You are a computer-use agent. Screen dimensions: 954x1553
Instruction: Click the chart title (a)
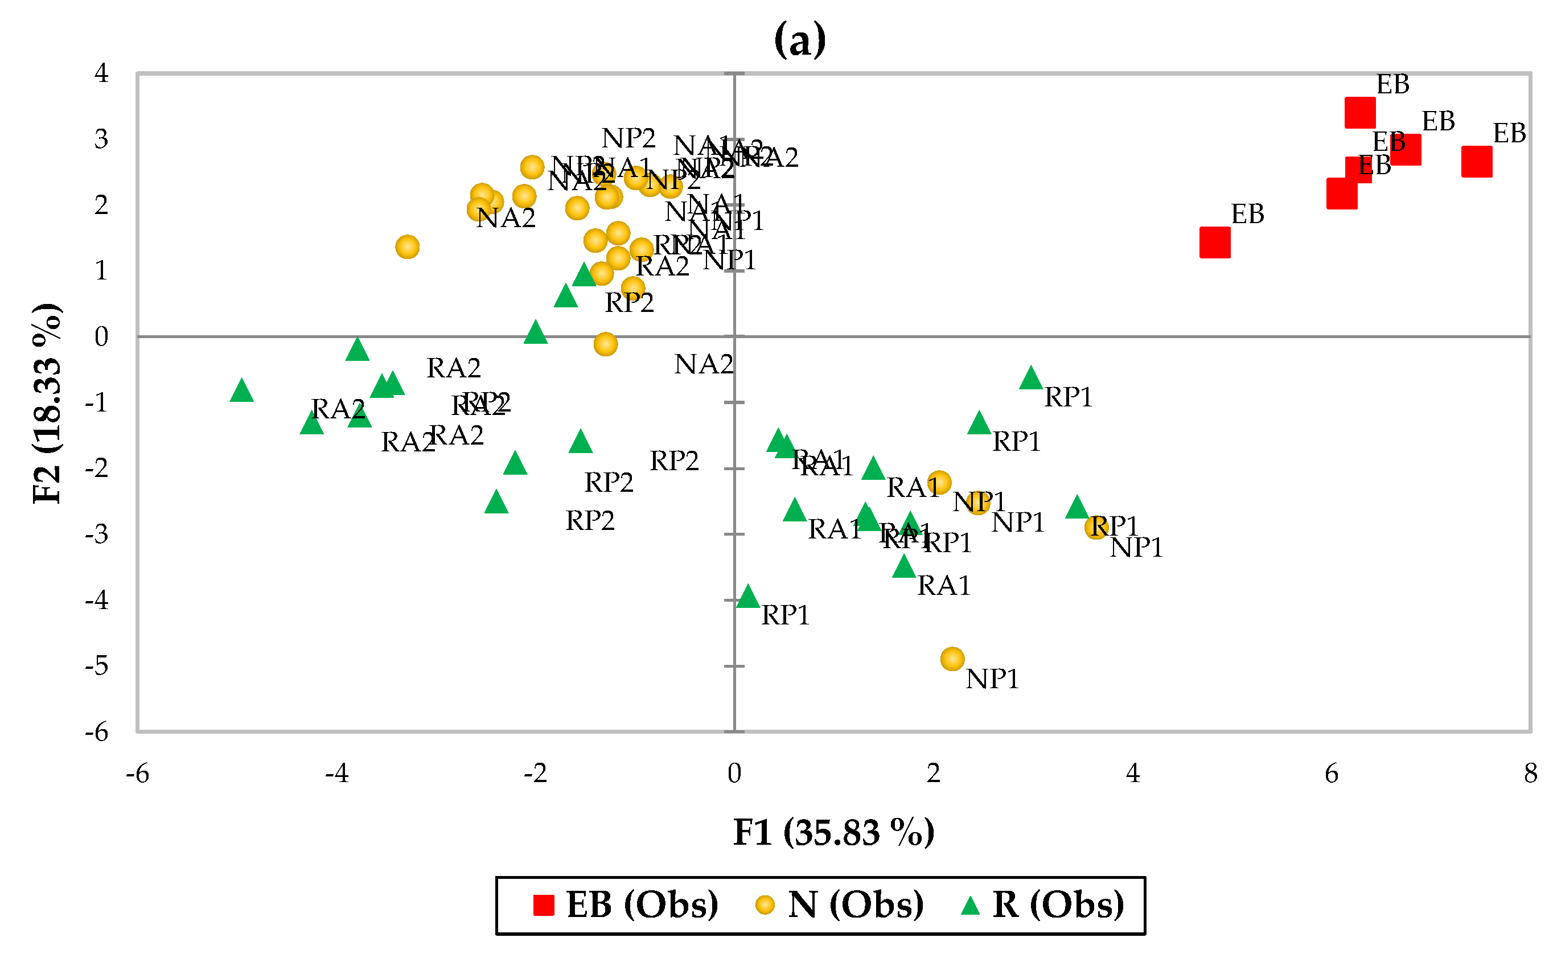pos(799,40)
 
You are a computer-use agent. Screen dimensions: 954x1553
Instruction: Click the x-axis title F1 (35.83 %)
pos(833,833)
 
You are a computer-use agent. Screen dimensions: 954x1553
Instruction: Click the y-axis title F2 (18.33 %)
pos(48,404)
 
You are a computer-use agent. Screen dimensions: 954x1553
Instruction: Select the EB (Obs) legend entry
pos(625,905)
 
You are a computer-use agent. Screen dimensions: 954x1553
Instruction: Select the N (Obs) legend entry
pos(839,905)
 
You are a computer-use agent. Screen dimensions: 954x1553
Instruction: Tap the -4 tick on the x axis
pos(336,774)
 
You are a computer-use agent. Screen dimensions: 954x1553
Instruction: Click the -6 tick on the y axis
pos(97,732)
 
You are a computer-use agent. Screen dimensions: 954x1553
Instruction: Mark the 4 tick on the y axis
pos(101,74)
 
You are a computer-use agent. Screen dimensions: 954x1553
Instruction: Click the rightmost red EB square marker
pos(1477,162)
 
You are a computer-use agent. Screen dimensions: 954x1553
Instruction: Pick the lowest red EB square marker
pos(1215,243)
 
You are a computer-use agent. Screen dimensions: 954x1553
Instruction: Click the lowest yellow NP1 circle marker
pos(952,659)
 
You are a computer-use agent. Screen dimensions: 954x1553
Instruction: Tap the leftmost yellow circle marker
pos(408,246)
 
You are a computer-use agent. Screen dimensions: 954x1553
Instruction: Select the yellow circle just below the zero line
pos(606,344)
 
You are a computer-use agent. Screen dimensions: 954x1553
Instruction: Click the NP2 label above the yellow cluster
pos(628,138)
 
